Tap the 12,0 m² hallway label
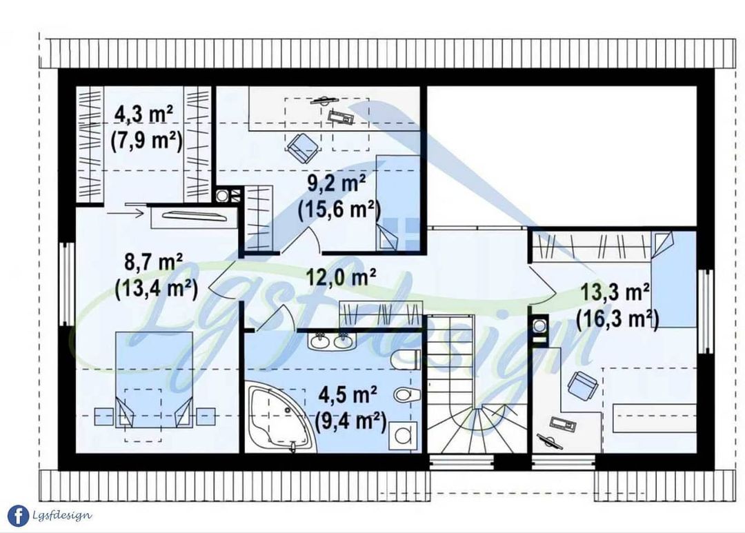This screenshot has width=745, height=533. click(341, 277)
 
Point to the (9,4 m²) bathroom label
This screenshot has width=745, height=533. click(350, 420)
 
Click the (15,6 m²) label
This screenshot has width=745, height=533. click(338, 210)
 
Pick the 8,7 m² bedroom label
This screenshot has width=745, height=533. click(153, 262)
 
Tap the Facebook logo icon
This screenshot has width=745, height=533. click(18, 516)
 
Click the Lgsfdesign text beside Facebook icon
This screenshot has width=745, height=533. click(62, 516)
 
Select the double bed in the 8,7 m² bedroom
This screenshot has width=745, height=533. click(155, 379)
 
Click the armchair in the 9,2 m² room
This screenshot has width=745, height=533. click(302, 147)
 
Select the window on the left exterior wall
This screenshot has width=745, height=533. click(68, 284)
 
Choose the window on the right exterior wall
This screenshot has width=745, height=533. click(706, 311)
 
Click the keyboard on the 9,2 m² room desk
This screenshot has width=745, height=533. click(341, 117)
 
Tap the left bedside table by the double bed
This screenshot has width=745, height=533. click(104, 416)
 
